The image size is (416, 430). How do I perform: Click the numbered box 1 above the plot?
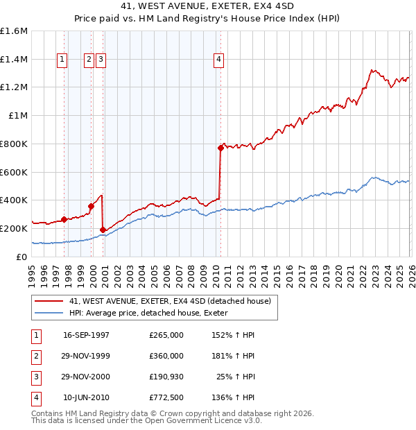pos(63,60)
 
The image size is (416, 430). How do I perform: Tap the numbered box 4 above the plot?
pos(218,60)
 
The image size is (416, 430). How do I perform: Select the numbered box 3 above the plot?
pos(101,60)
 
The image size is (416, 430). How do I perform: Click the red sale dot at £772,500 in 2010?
pos(220,148)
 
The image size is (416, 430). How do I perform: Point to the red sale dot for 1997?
pos(64,219)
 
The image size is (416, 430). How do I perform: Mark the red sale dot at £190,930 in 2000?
pos(103,230)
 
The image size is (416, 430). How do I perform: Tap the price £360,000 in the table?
pos(166,356)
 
